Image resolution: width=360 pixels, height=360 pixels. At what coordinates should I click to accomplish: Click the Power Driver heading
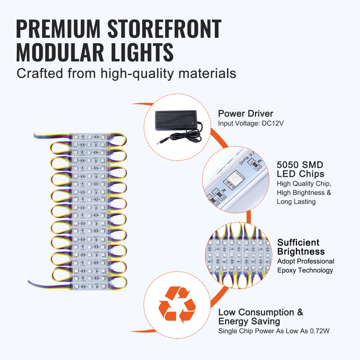(x=246, y=114)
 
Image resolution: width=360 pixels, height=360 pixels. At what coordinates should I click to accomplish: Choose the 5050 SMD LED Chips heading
(x=301, y=170)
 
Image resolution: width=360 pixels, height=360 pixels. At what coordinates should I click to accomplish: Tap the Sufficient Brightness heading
(x=301, y=247)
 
